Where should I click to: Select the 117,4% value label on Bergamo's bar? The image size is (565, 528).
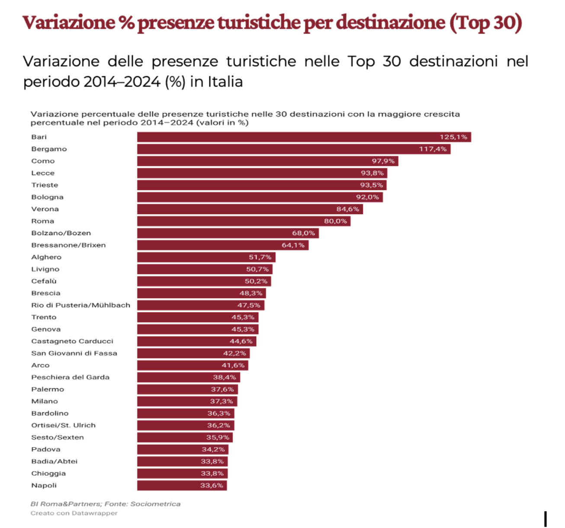pos(433,149)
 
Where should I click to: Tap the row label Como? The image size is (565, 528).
pos(43,161)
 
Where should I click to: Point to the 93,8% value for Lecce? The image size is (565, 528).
pos(372,173)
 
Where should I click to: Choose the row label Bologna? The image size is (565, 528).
pos(47,197)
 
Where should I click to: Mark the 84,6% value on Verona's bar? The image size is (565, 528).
pos(347,209)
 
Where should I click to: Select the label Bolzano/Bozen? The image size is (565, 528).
pos(61,233)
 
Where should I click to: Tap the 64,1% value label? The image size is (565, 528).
pos(293,245)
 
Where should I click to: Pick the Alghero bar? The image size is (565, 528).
pos(206,258)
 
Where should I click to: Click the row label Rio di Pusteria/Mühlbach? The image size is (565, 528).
pos(80,305)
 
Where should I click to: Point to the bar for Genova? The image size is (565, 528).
pos(198,329)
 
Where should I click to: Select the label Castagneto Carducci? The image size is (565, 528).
pos(72,341)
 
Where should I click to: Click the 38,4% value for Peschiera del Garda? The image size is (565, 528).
pos(224,377)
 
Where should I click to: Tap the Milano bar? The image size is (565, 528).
pos(187,402)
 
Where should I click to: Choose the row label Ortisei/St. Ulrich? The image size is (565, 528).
pos(63,425)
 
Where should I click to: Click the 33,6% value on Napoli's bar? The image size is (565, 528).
pos(212,486)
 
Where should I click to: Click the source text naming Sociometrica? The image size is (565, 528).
pos(105,504)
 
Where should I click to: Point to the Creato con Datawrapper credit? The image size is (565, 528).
pos(74,513)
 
